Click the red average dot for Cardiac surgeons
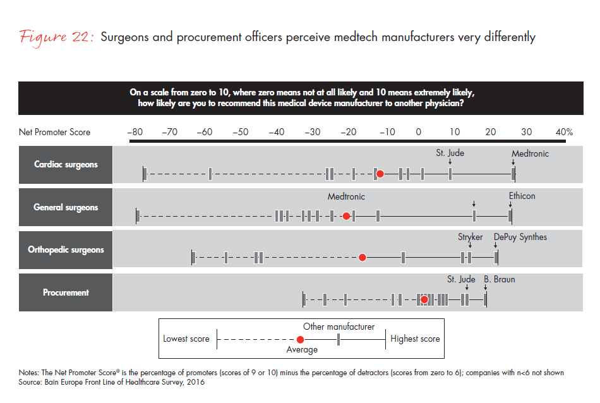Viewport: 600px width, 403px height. [x=380, y=173]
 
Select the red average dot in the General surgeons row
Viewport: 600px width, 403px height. [x=346, y=216]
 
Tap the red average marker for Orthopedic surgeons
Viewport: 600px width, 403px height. [x=363, y=257]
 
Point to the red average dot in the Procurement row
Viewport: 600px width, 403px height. [x=424, y=299]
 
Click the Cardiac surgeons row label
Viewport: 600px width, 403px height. [x=66, y=165]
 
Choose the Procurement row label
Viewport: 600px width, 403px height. [x=66, y=292]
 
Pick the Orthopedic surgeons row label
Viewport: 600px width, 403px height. [x=66, y=250]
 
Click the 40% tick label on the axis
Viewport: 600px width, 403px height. [x=564, y=132]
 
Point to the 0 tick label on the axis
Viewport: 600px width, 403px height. [x=417, y=132]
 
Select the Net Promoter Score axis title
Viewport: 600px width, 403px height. [x=54, y=132]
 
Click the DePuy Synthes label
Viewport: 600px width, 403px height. [x=520, y=237]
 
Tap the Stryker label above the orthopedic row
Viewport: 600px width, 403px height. [x=470, y=237]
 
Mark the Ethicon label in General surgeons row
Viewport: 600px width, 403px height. [x=522, y=196]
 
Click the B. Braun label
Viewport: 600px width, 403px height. [x=500, y=279]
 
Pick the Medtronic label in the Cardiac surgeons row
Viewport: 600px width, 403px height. [x=530, y=153]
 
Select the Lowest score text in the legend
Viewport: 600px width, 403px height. [x=186, y=339]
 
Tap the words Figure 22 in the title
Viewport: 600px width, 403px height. [x=56, y=37]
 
